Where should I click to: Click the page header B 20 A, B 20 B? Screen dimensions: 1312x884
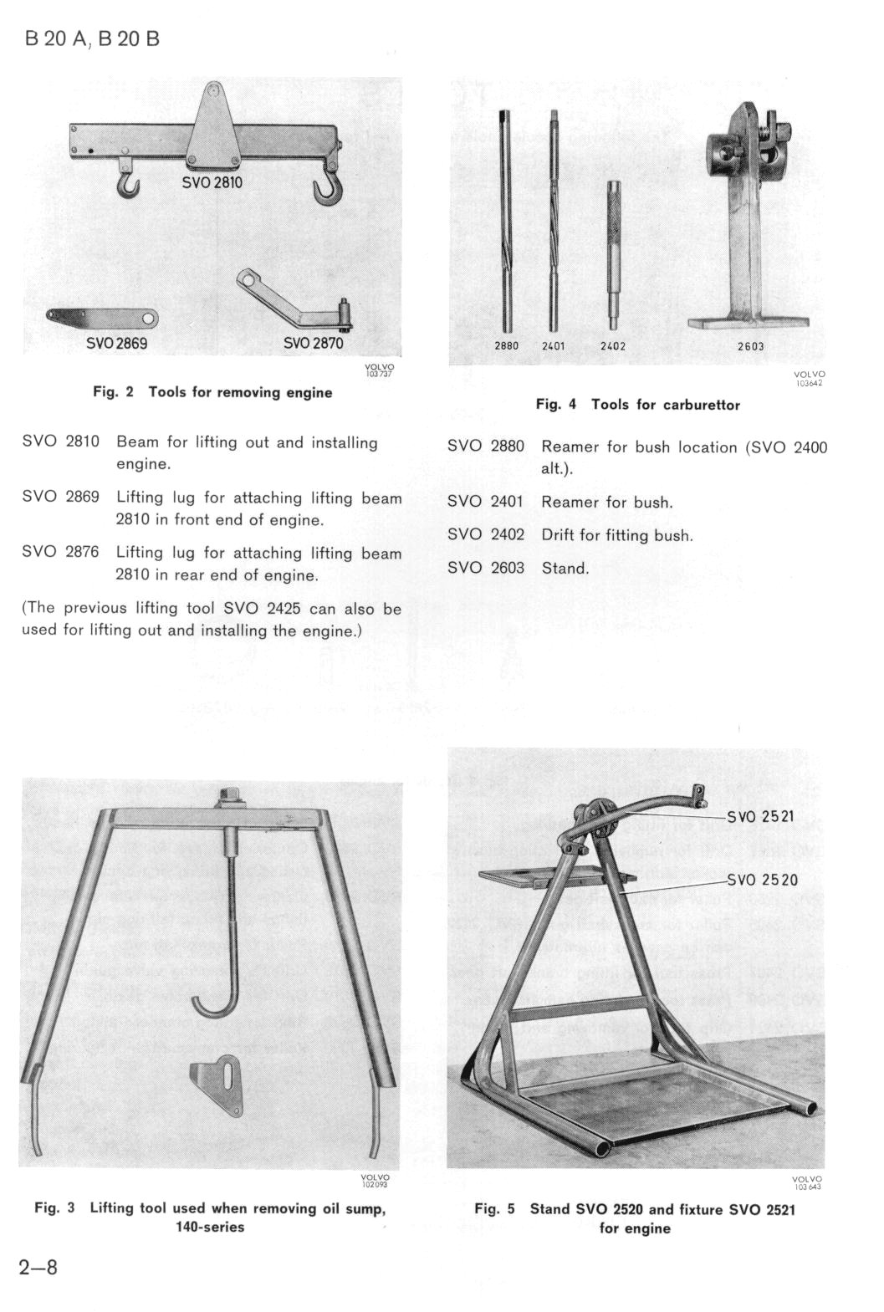click(x=92, y=39)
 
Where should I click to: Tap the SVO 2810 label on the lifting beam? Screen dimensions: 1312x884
click(x=212, y=182)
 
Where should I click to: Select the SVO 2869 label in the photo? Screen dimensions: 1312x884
click(x=117, y=343)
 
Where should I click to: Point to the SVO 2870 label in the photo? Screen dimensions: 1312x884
click(x=313, y=343)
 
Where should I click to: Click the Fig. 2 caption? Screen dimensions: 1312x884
click(x=212, y=392)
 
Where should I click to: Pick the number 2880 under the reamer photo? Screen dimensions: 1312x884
click(x=507, y=346)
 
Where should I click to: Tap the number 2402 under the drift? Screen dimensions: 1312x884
click(x=613, y=346)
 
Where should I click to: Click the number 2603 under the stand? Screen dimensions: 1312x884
click(x=750, y=346)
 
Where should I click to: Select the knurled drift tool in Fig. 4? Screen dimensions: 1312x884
click(x=615, y=251)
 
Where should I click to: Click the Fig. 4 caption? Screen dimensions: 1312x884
click(x=637, y=405)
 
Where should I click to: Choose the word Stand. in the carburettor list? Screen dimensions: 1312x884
click(x=565, y=569)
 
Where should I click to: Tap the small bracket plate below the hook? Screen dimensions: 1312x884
click(x=219, y=1087)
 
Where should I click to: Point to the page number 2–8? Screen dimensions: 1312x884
click(x=38, y=1267)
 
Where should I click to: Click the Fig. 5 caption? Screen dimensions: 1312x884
click(x=635, y=1218)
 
